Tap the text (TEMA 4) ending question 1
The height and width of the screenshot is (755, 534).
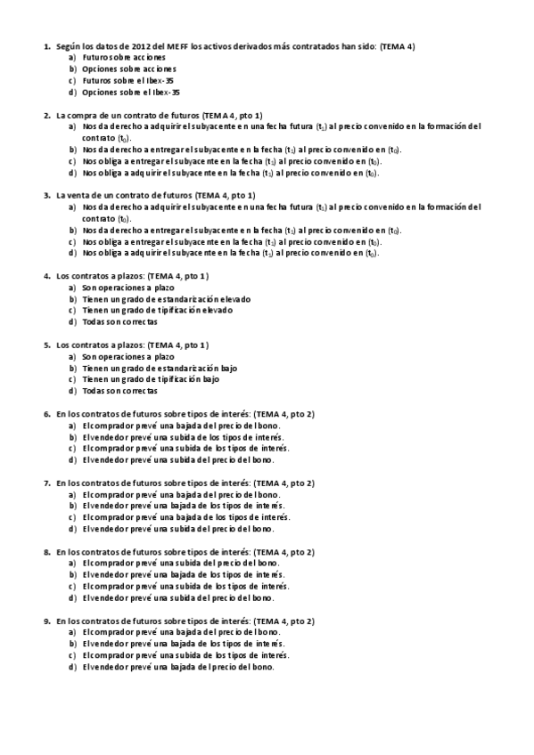pos(397,45)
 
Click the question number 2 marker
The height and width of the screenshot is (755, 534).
pos(47,115)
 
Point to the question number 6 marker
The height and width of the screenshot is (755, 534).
pos(47,414)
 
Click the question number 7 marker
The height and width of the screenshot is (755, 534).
pos(47,483)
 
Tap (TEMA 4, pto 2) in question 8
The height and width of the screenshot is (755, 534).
pos(284,552)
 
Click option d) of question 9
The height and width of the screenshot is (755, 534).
pos(178,667)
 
